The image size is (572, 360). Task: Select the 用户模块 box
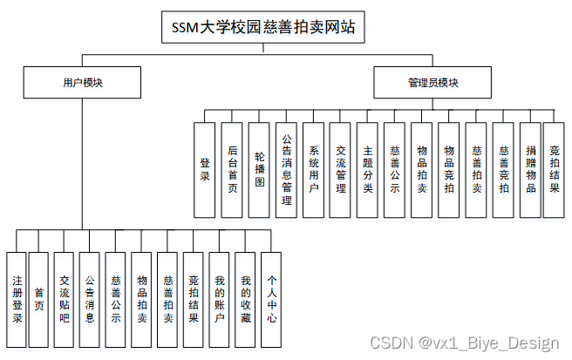pyautogui.click(x=83, y=83)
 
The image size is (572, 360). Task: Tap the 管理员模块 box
pyautogui.click(x=433, y=83)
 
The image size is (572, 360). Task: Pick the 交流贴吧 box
pyautogui.click(x=65, y=300)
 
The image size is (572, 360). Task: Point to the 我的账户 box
pyautogui.click(x=220, y=300)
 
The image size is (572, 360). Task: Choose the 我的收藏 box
pyautogui.click(x=246, y=300)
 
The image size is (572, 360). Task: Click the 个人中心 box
pyautogui.click(x=272, y=300)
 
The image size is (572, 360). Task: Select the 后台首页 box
pyautogui.click(x=231, y=169)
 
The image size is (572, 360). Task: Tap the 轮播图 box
pyautogui.click(x=259, y=169)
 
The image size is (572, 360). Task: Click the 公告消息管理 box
pyautogui.click(x=287, y=169)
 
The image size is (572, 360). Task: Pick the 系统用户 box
pyautogui.click(x=314, y=169)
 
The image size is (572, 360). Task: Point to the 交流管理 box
pyautogui.click(x=341, y=169)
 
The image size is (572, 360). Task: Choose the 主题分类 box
pyautogui.click(x=368, y=169)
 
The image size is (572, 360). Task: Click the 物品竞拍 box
pyautogui.click(x=449, y=169)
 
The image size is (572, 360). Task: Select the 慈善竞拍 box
pyautogui.click(x=503, y=169)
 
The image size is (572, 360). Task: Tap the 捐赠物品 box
pyautogui.click(x=529, y=169)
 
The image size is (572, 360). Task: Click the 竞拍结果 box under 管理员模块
pyautogui.click(x=554, y=169)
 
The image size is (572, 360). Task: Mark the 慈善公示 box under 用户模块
pyautogui.click(x=116, y=300)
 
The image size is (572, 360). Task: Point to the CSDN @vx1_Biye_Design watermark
pyautogui.click(x=464, y=343)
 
